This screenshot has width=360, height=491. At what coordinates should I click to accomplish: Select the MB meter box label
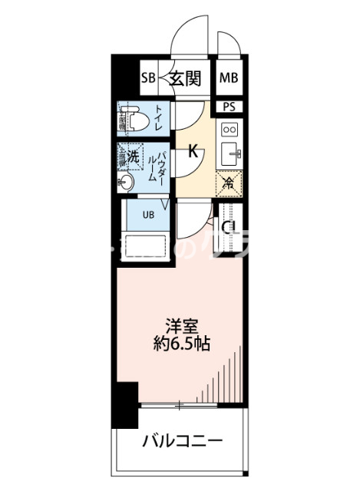tap(228, 77)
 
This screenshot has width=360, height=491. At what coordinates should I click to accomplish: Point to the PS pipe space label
tap(229, 107)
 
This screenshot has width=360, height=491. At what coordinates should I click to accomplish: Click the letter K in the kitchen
tap(194, 152)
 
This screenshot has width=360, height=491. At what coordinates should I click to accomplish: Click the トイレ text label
tap(158, 119)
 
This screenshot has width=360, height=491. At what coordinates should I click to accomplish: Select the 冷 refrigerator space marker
tap(228, 183)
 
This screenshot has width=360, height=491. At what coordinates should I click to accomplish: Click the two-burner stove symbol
tap(229, 130)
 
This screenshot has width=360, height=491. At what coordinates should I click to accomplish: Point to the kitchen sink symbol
tap(230, 156)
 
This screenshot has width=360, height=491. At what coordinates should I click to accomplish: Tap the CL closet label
tap(229, 227)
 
